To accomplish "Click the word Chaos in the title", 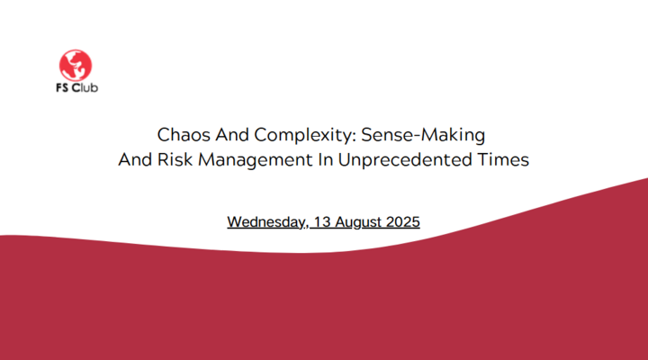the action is [184, 135].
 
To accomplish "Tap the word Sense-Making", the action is [423, 136].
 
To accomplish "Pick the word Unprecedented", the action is [405, 160].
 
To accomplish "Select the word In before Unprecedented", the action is [325, 159].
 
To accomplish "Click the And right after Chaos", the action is [232, 135].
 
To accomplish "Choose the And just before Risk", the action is [135, 159].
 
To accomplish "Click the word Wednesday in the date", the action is [265, 222].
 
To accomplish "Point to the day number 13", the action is [322, 222].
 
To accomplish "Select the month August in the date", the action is [358, 223].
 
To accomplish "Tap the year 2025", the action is [403, 222].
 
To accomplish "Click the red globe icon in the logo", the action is [76, 66].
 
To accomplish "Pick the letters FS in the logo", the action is [62, 87].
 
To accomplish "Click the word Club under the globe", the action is [85, 87].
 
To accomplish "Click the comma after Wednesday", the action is [306, 226].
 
